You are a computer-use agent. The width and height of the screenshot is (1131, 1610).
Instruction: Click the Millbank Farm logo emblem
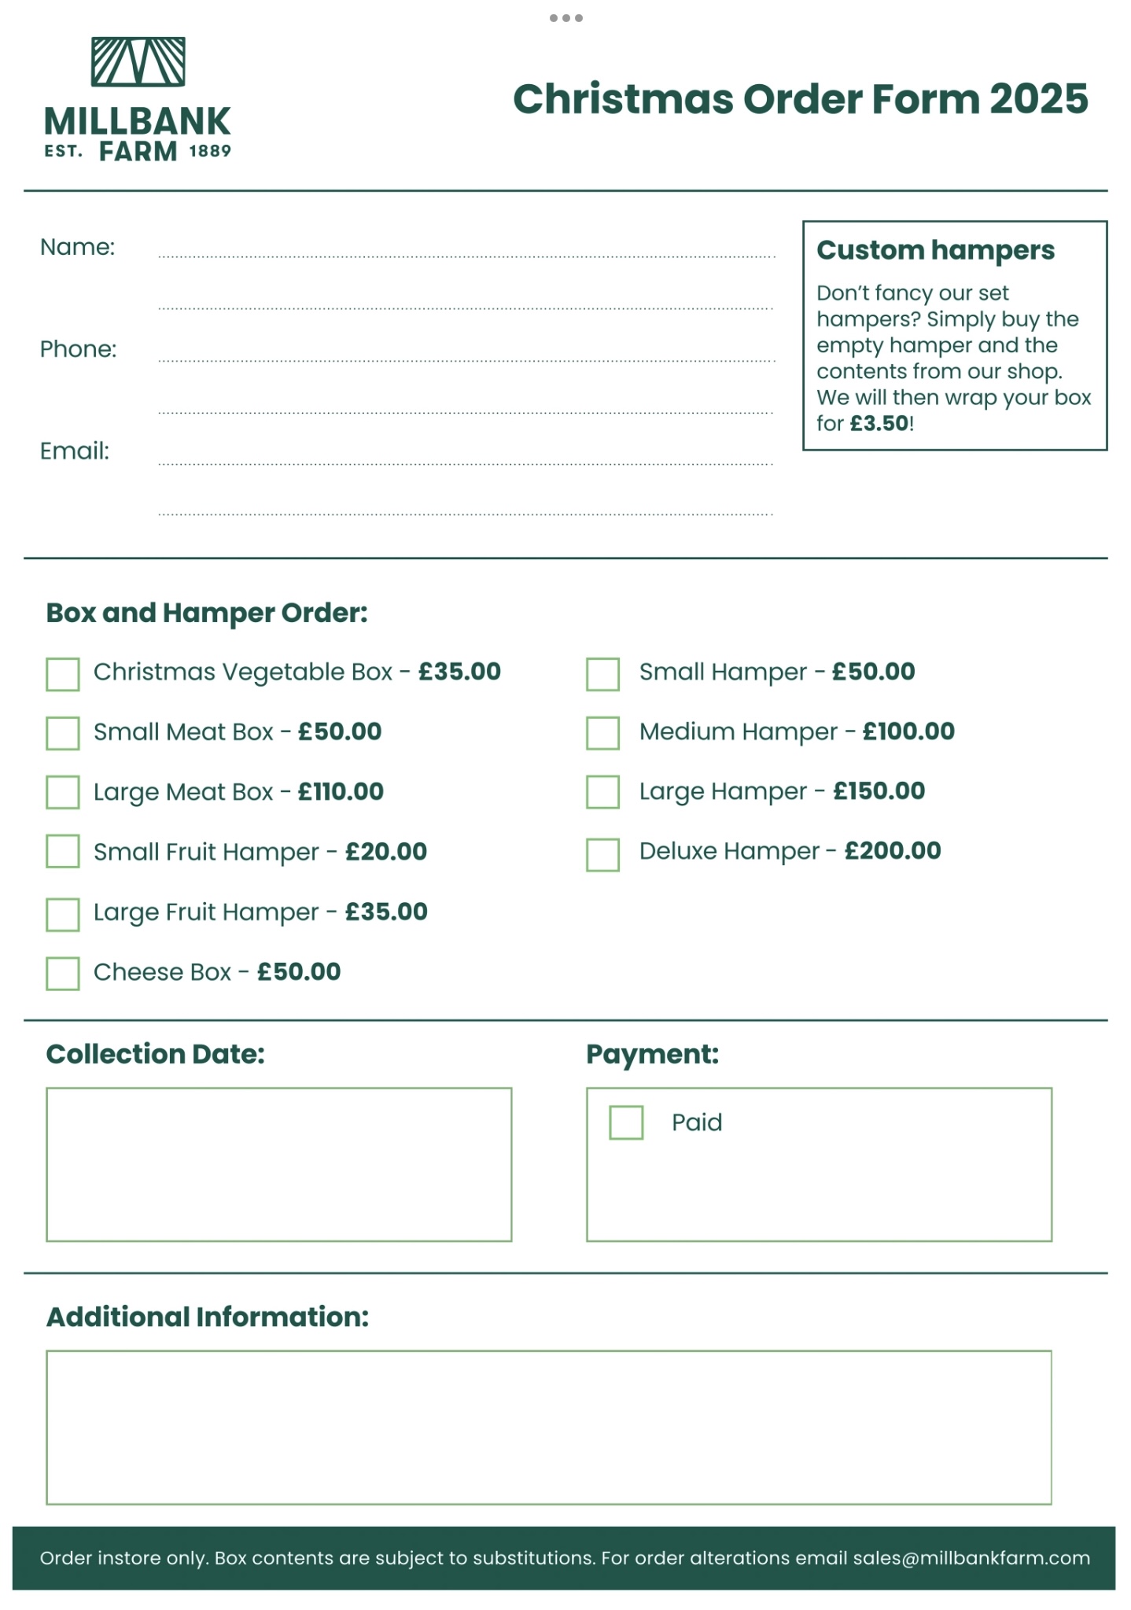pyautogui.click(x=138, y=61)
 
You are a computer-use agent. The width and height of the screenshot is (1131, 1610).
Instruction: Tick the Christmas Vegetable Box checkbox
pyautogui.click(x=63, y=674)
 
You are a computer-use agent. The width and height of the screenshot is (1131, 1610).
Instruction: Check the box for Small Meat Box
pyautogui.click(x=63, y=733)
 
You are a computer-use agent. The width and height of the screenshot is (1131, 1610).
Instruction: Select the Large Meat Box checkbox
pyautogui.click(x=63, y=792)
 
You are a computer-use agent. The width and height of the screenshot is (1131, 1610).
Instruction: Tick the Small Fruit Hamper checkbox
pyautogui.click(x=63, y=851)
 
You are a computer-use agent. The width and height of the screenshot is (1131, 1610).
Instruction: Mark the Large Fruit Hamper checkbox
pyautogui.click(x=63, y=914)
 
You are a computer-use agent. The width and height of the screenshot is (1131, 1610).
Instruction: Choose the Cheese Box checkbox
pyautogui.click(x=63, y=973)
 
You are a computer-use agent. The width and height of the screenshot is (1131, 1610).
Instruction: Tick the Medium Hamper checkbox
pyautogui.click(x=602, y=733)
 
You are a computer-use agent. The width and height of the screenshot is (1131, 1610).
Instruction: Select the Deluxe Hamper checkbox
pyautogui.click(x=602, y=854)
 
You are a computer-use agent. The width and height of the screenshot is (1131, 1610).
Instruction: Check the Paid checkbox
pyautogui.click(x=626, y=1122)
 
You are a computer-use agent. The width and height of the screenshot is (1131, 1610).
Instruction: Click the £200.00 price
pyautogui.click(x=893, y=851)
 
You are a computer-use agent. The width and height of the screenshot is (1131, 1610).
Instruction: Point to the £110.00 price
pyautogui.click(x=341, y=791)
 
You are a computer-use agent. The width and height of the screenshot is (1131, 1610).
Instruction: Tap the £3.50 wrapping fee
pyautogui.click(x=879, y=423)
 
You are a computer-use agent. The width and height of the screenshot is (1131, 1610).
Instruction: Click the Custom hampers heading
pyautogui.click(x=935, y=250)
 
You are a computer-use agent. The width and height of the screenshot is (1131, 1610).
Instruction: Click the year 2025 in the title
pyautogui.click(x=1038, y=99)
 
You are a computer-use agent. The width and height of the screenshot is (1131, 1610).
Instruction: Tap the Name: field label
pyautogui.click(x=77, y=247)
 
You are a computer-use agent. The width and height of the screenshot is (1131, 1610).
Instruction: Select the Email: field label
pyautogui.click(x=75, y=451)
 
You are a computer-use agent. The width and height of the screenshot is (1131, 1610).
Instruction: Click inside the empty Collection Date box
pyautogui.click(x=278, y=1164)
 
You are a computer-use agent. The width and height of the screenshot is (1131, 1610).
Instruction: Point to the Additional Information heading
pyautogui.click(x=208, y=1317)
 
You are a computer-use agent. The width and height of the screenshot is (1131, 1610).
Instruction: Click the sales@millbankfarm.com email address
pyautogui.click(x=971, y=1558)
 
